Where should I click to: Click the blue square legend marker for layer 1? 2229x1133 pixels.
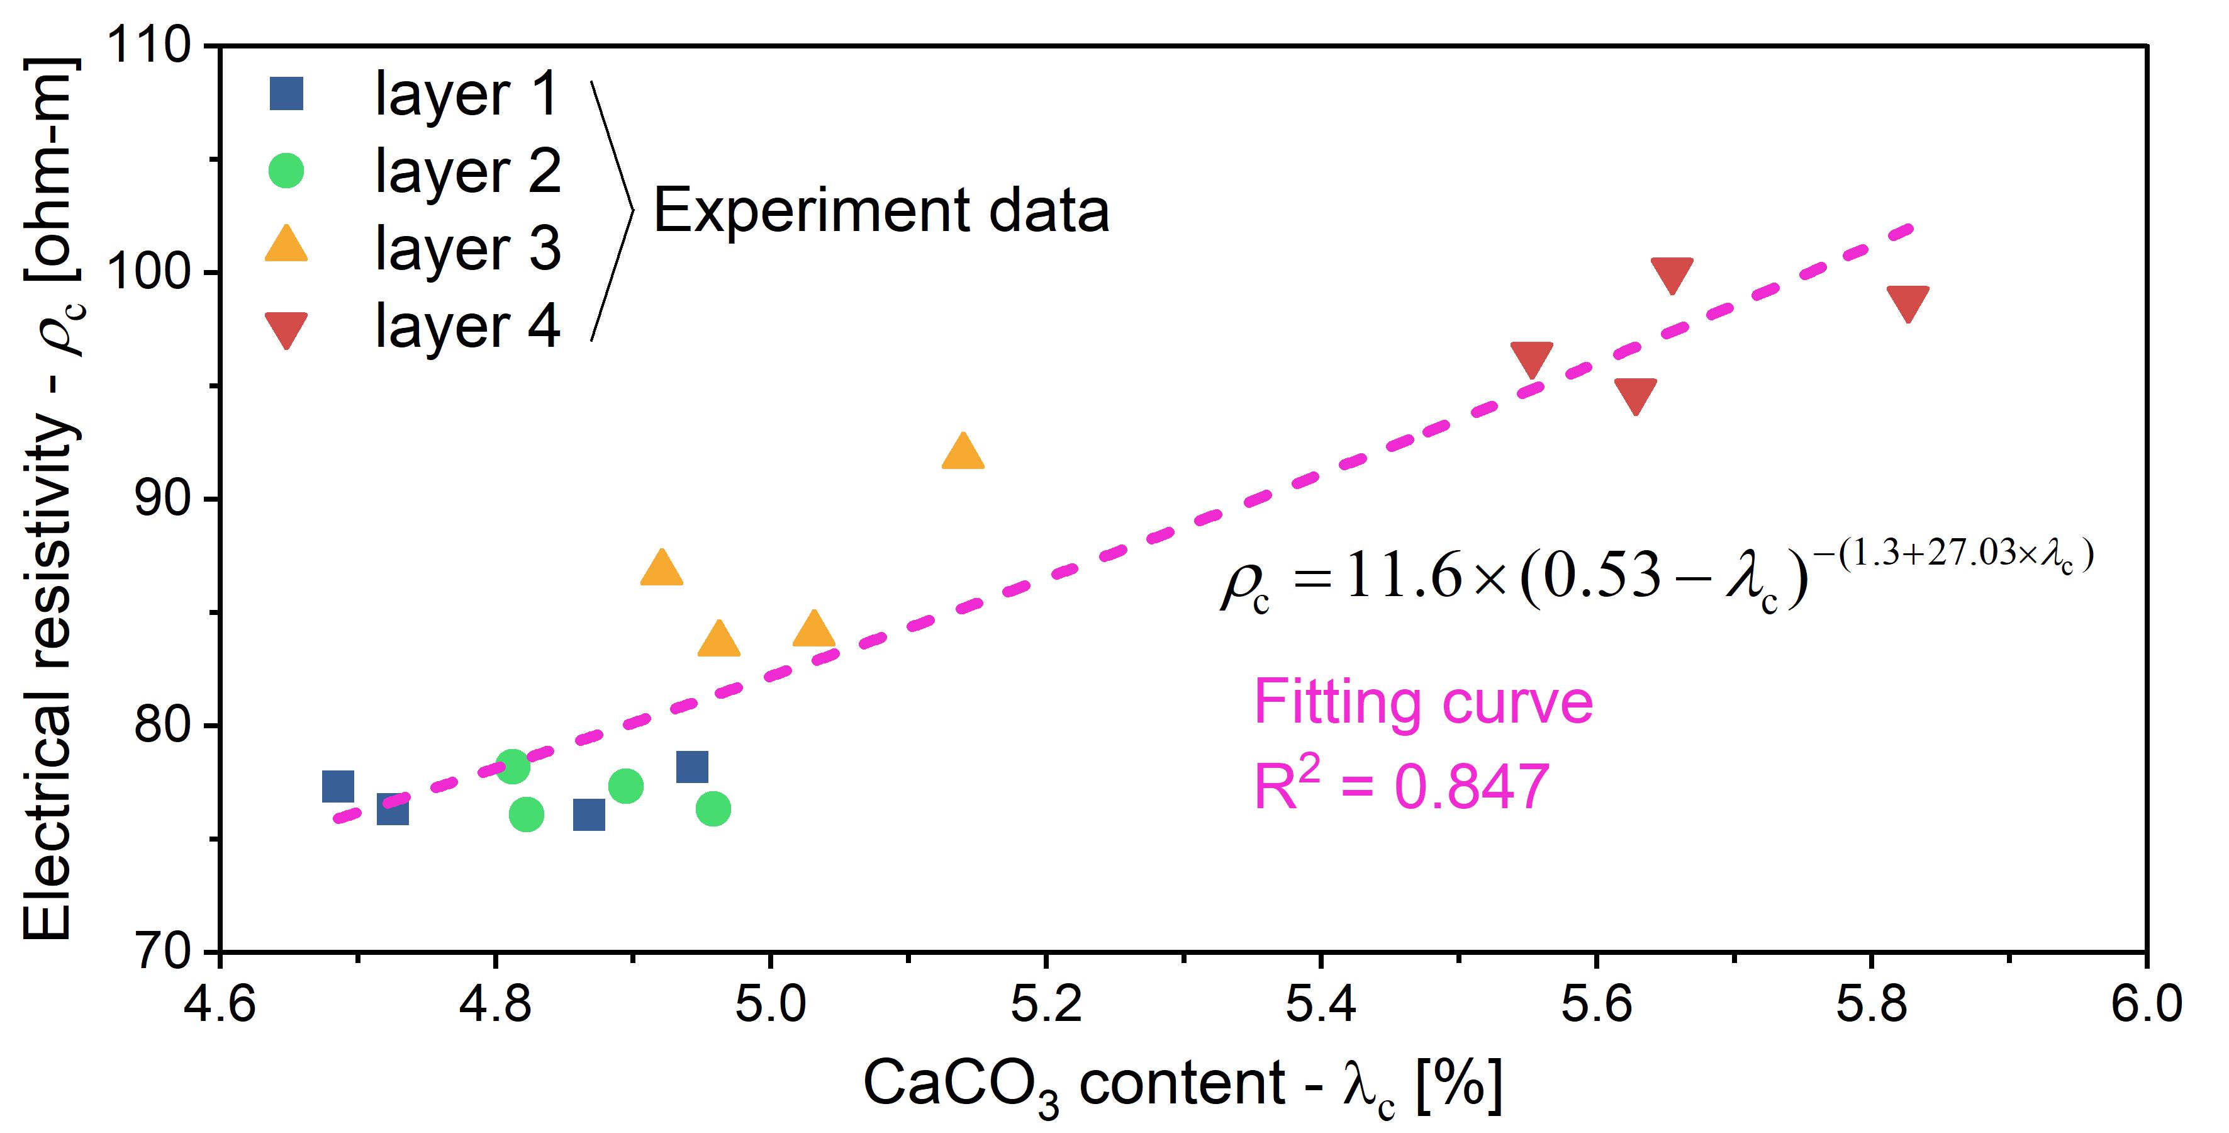click(286, 94)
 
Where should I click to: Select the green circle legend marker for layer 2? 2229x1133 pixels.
click(286, 171)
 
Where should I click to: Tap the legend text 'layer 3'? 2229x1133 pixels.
click(467, 249)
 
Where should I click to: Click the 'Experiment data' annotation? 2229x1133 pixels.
click(880, 210)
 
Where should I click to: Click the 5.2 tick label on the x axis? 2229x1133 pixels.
click(1045, 1004)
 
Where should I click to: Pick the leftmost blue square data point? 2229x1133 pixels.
click(337, 787)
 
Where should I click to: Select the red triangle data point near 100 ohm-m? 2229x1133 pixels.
click(1671, 274)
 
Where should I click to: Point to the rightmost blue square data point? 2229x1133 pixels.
click(692, 767)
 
